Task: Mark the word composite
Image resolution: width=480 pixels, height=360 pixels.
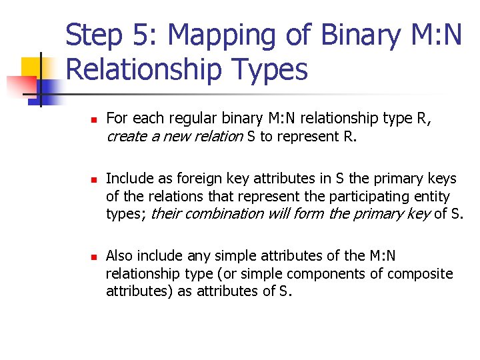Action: (421, 273)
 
